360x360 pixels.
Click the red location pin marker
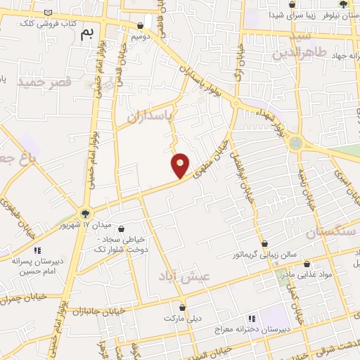coord(181,165)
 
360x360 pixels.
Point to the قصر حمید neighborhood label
coord(45,82)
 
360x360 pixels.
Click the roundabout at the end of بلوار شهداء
coord(296,143)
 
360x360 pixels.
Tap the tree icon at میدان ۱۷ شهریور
coord(85,213)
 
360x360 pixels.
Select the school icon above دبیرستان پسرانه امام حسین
coord(37,250)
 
